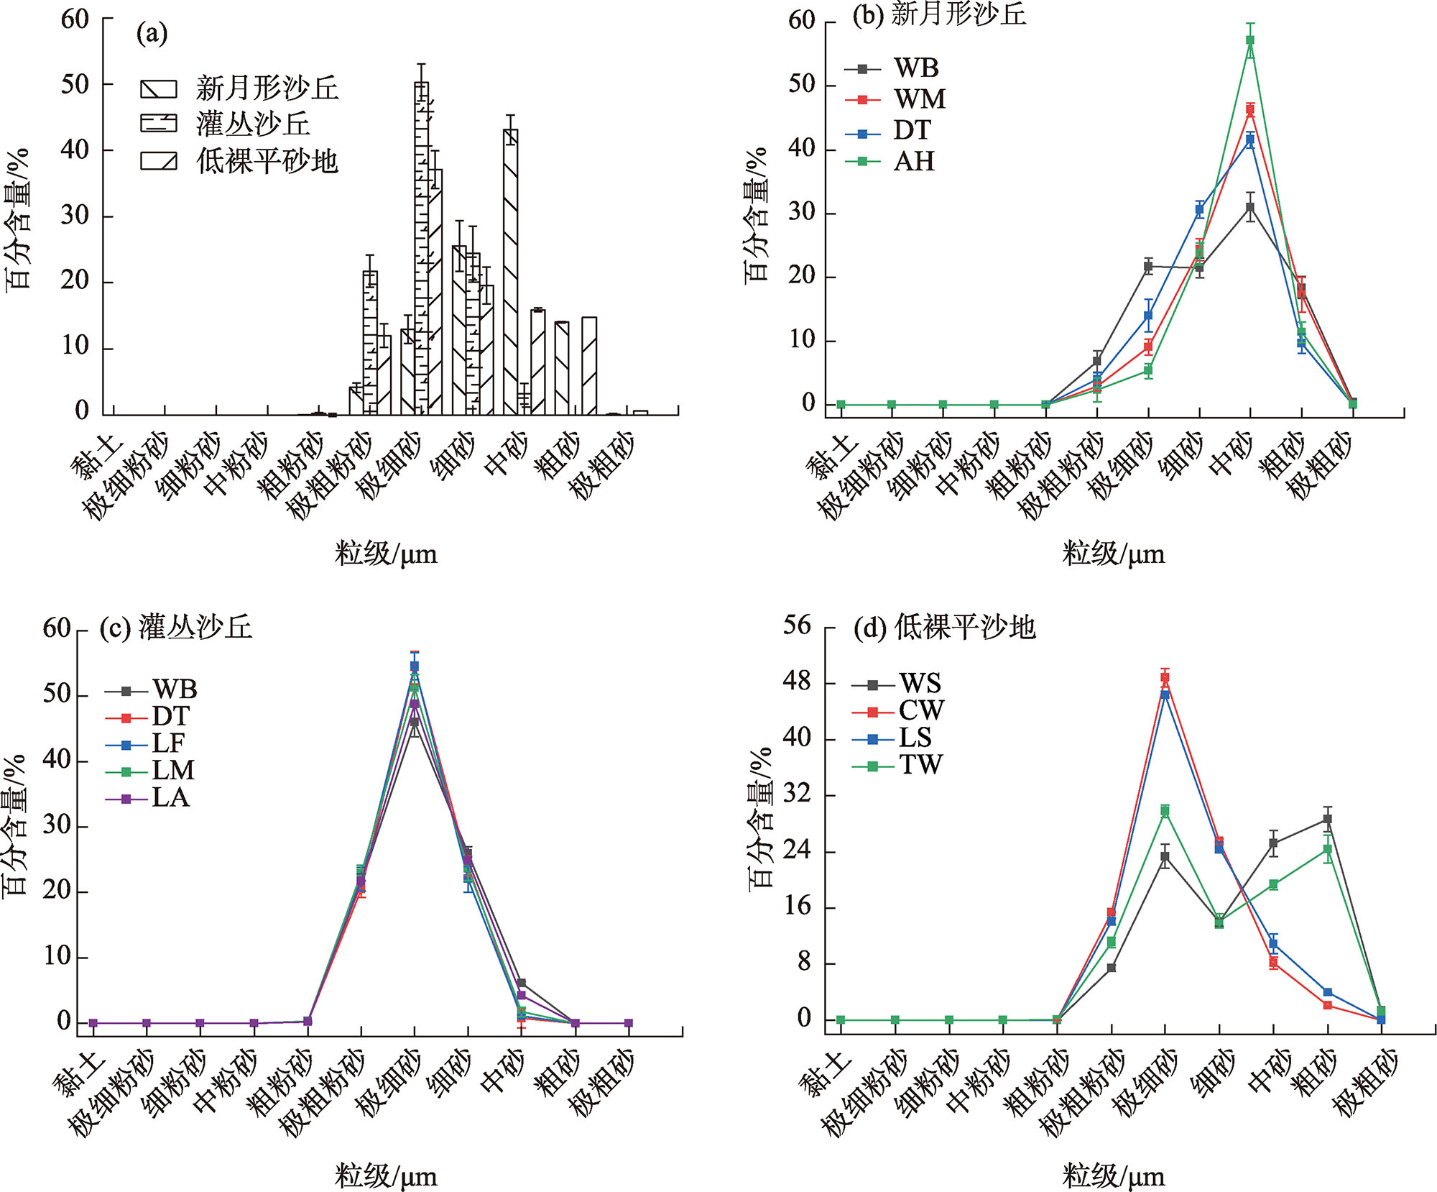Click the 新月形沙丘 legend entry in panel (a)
[x=266, y=88]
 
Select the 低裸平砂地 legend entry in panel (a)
[x=266, y=160]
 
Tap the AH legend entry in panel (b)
[x=913, y=161]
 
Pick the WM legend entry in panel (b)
[x=919, y=99]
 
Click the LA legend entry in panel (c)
[x=170, y=797]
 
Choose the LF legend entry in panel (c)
[x=168, y=743]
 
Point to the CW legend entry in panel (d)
[x=920, y=711]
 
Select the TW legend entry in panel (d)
[x=920, y=766]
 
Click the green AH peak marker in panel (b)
[x=1250, y=40]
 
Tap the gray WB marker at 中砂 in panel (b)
[x=1250, y=208]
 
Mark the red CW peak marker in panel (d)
[x=1165, y=677]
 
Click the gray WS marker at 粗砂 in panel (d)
[x=1327, y=819]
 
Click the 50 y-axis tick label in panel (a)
[x=75, y=85]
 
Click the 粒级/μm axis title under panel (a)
[x=385, y=554]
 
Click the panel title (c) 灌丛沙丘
[x=175, y=627]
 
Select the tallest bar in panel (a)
[x=422, y=248]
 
